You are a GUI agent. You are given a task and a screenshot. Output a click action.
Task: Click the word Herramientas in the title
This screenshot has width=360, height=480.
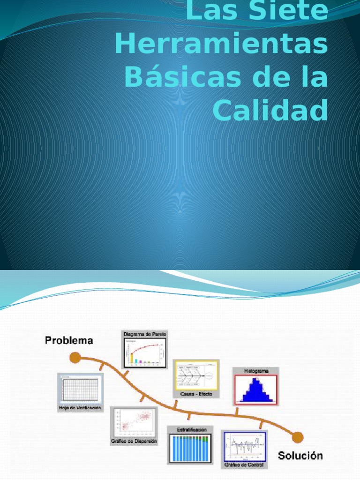(220, 45)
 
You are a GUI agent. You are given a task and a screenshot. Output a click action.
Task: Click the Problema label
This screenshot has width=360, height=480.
(69, 341)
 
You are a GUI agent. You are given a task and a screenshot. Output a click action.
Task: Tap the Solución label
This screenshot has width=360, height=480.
(300, 455)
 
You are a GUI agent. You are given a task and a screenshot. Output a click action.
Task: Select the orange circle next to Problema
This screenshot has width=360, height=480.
(75, 358)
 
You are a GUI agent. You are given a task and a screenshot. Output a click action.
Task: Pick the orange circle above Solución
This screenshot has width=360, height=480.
(296, 437)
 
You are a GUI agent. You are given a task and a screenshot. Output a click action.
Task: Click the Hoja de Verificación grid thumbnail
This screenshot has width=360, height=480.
(80, 389)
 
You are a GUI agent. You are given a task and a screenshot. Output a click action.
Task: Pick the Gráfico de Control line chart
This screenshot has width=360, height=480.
(244, 448)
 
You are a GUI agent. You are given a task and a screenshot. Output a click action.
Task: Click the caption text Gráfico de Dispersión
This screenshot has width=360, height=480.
(134, 441)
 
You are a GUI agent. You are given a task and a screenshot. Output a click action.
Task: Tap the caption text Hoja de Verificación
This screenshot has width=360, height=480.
(80, 408)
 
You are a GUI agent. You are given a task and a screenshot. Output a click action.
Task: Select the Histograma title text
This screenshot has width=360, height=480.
(256, 371)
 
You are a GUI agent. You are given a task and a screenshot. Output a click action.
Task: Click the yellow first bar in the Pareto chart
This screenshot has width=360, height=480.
(132, 359)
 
